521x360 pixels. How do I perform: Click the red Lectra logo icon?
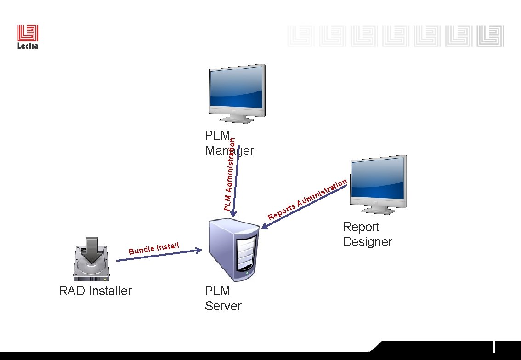28,33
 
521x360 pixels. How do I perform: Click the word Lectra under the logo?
28,46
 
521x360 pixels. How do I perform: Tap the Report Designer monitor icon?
378,182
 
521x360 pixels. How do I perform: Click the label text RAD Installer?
95,291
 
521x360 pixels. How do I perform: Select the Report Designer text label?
367,234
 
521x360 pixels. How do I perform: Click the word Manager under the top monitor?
229,151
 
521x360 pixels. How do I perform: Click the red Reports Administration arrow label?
307,199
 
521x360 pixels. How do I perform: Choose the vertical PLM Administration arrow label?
230,175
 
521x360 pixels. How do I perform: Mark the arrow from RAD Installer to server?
159,255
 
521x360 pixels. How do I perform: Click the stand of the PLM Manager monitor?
237,119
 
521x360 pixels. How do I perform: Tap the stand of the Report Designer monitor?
378,210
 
